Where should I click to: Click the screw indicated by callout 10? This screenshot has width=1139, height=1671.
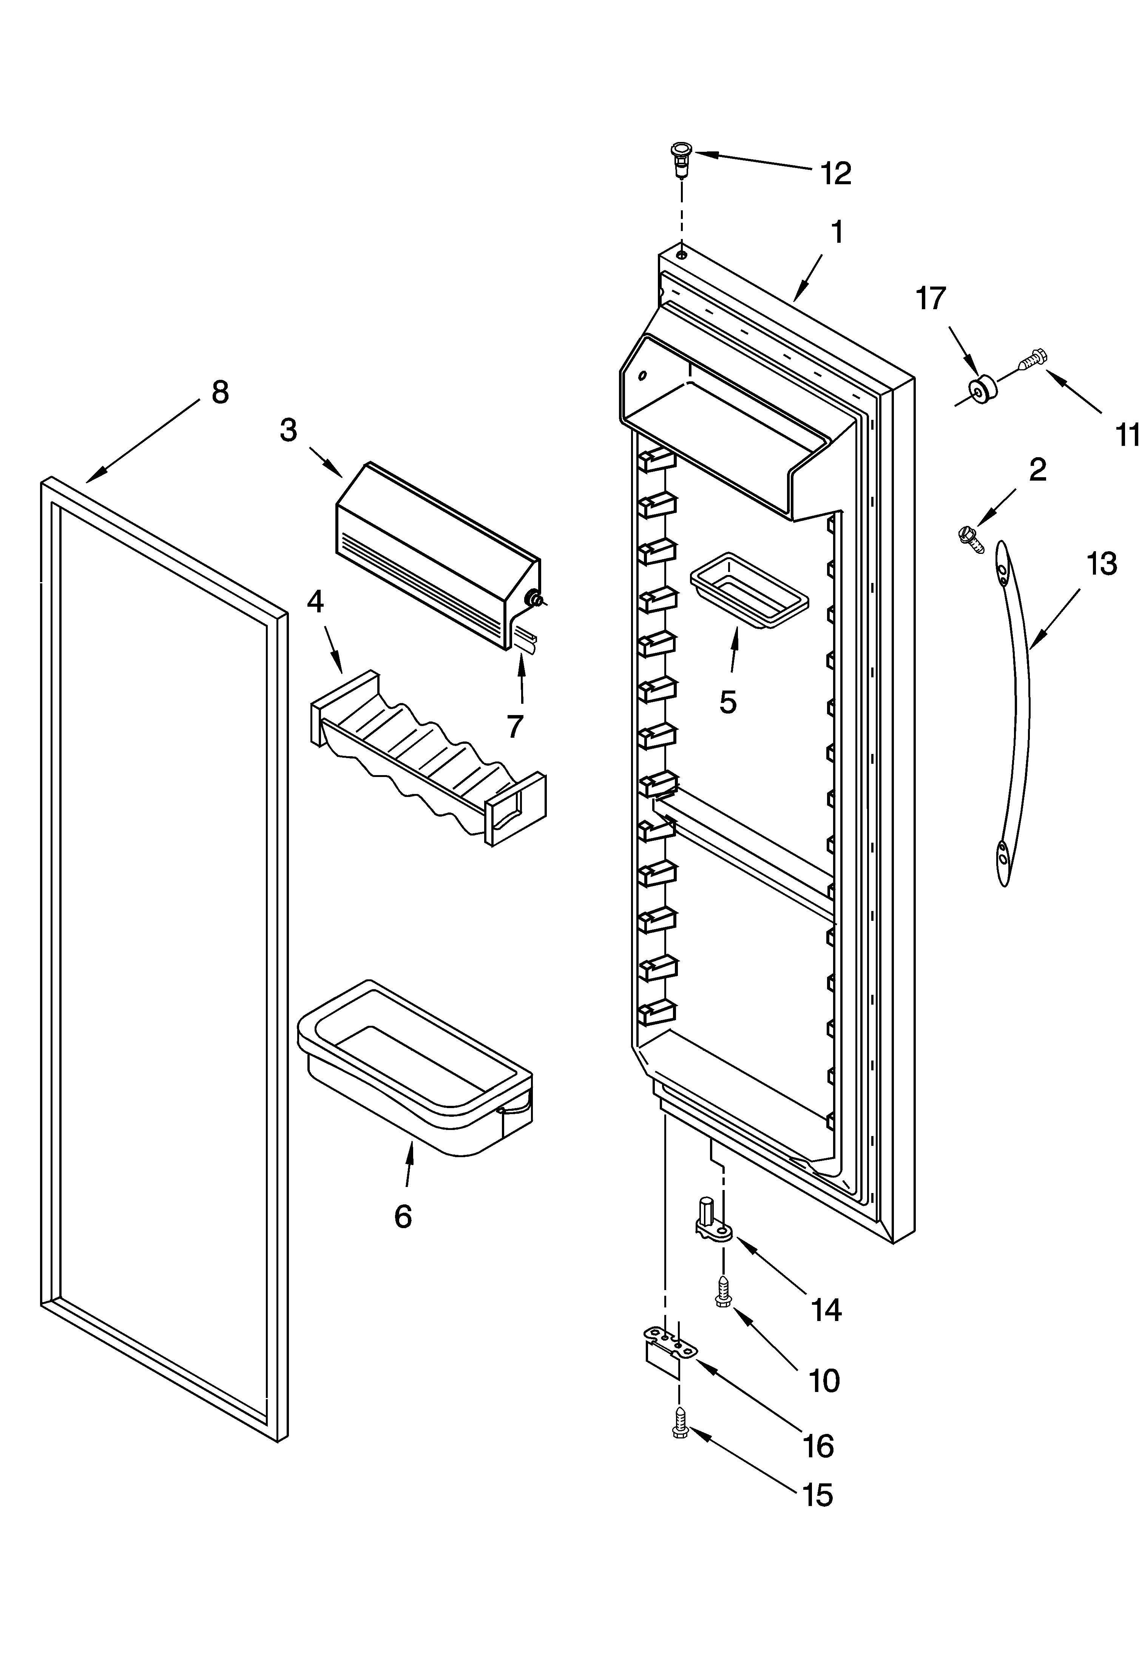(723, 1294)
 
